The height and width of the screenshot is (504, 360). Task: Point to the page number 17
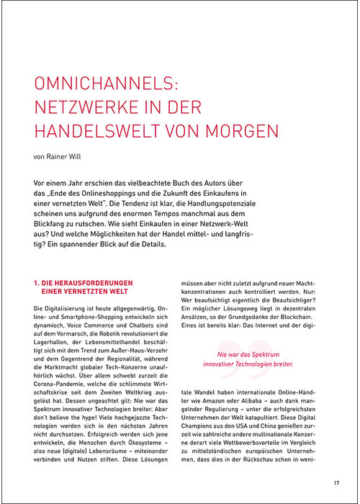click(x=336, y=482)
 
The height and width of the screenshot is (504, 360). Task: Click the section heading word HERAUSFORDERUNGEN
click(x=91, y=264)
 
